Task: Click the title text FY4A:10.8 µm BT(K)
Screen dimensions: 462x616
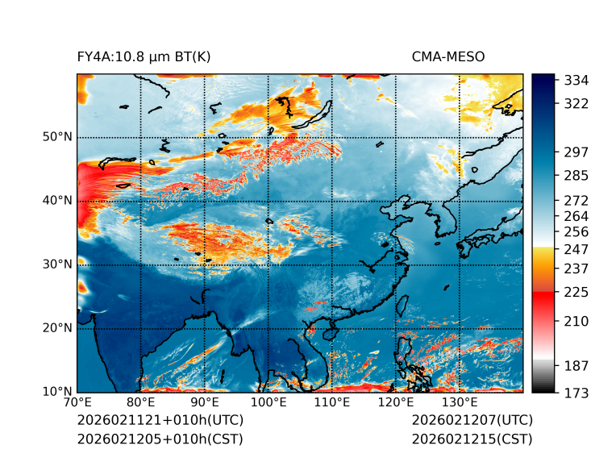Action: click(144, 56)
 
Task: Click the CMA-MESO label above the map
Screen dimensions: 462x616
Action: click(448, 56)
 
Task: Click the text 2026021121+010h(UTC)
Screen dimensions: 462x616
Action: click(160, 421)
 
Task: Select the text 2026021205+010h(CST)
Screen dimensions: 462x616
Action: click(160, 439)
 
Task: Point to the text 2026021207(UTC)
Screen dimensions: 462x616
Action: click(472, 421)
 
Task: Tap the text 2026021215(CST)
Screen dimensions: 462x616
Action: click(472, 439)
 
